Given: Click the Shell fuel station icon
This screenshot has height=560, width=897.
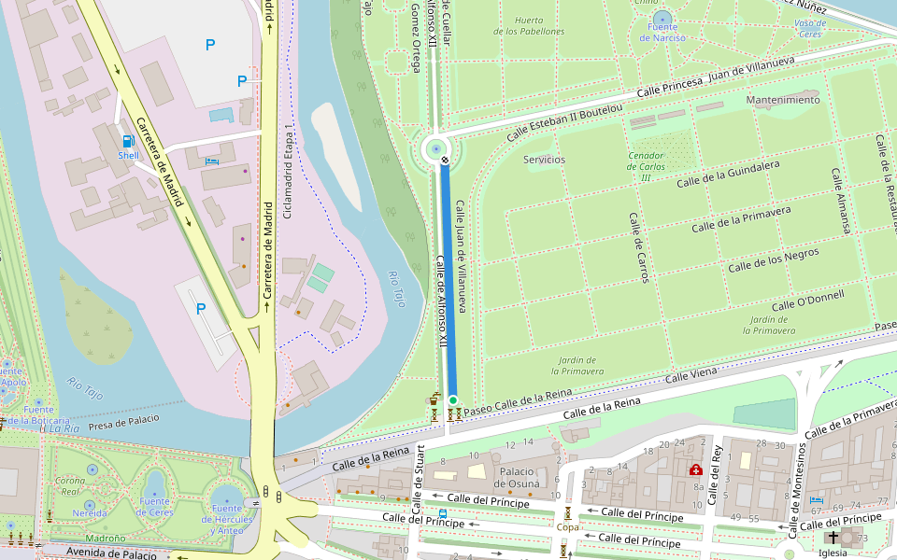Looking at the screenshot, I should click(127, 142).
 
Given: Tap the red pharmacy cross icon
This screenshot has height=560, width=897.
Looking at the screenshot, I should click(696, 469).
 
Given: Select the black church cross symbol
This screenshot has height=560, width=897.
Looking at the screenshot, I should click(833, 538).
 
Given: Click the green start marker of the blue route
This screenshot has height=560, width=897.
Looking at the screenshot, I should click(453, 400).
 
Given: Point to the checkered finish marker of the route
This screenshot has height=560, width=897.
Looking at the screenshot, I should click(446, 161).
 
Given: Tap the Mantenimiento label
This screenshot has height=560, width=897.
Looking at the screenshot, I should click(783, 100).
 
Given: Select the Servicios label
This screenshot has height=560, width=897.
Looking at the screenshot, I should click(544, 160).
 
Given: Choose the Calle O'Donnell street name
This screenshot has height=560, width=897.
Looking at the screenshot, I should click(807, 301).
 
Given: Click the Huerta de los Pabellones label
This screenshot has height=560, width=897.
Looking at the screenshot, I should click(529, 25).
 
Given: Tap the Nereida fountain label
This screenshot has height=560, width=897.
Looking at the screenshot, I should click(90, 512).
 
